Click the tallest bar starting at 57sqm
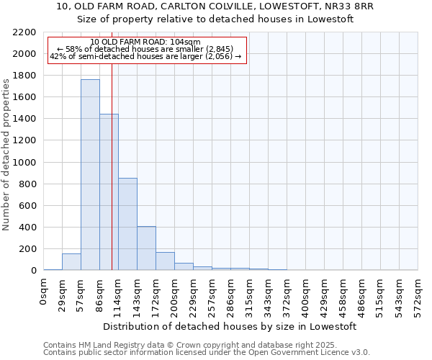pos(90,175)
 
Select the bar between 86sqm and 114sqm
pos(109,192)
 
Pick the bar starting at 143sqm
pos(146,248)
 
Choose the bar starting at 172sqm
pos(165,261)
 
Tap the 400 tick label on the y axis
pos(28,228)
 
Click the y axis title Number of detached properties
pos(6,152)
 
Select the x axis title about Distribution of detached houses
pos(230,327)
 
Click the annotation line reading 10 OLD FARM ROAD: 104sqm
pos(146,42)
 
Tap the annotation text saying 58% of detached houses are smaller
pos(146,50)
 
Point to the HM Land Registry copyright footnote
pos(206,345)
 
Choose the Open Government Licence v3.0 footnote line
pos(206,353)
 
